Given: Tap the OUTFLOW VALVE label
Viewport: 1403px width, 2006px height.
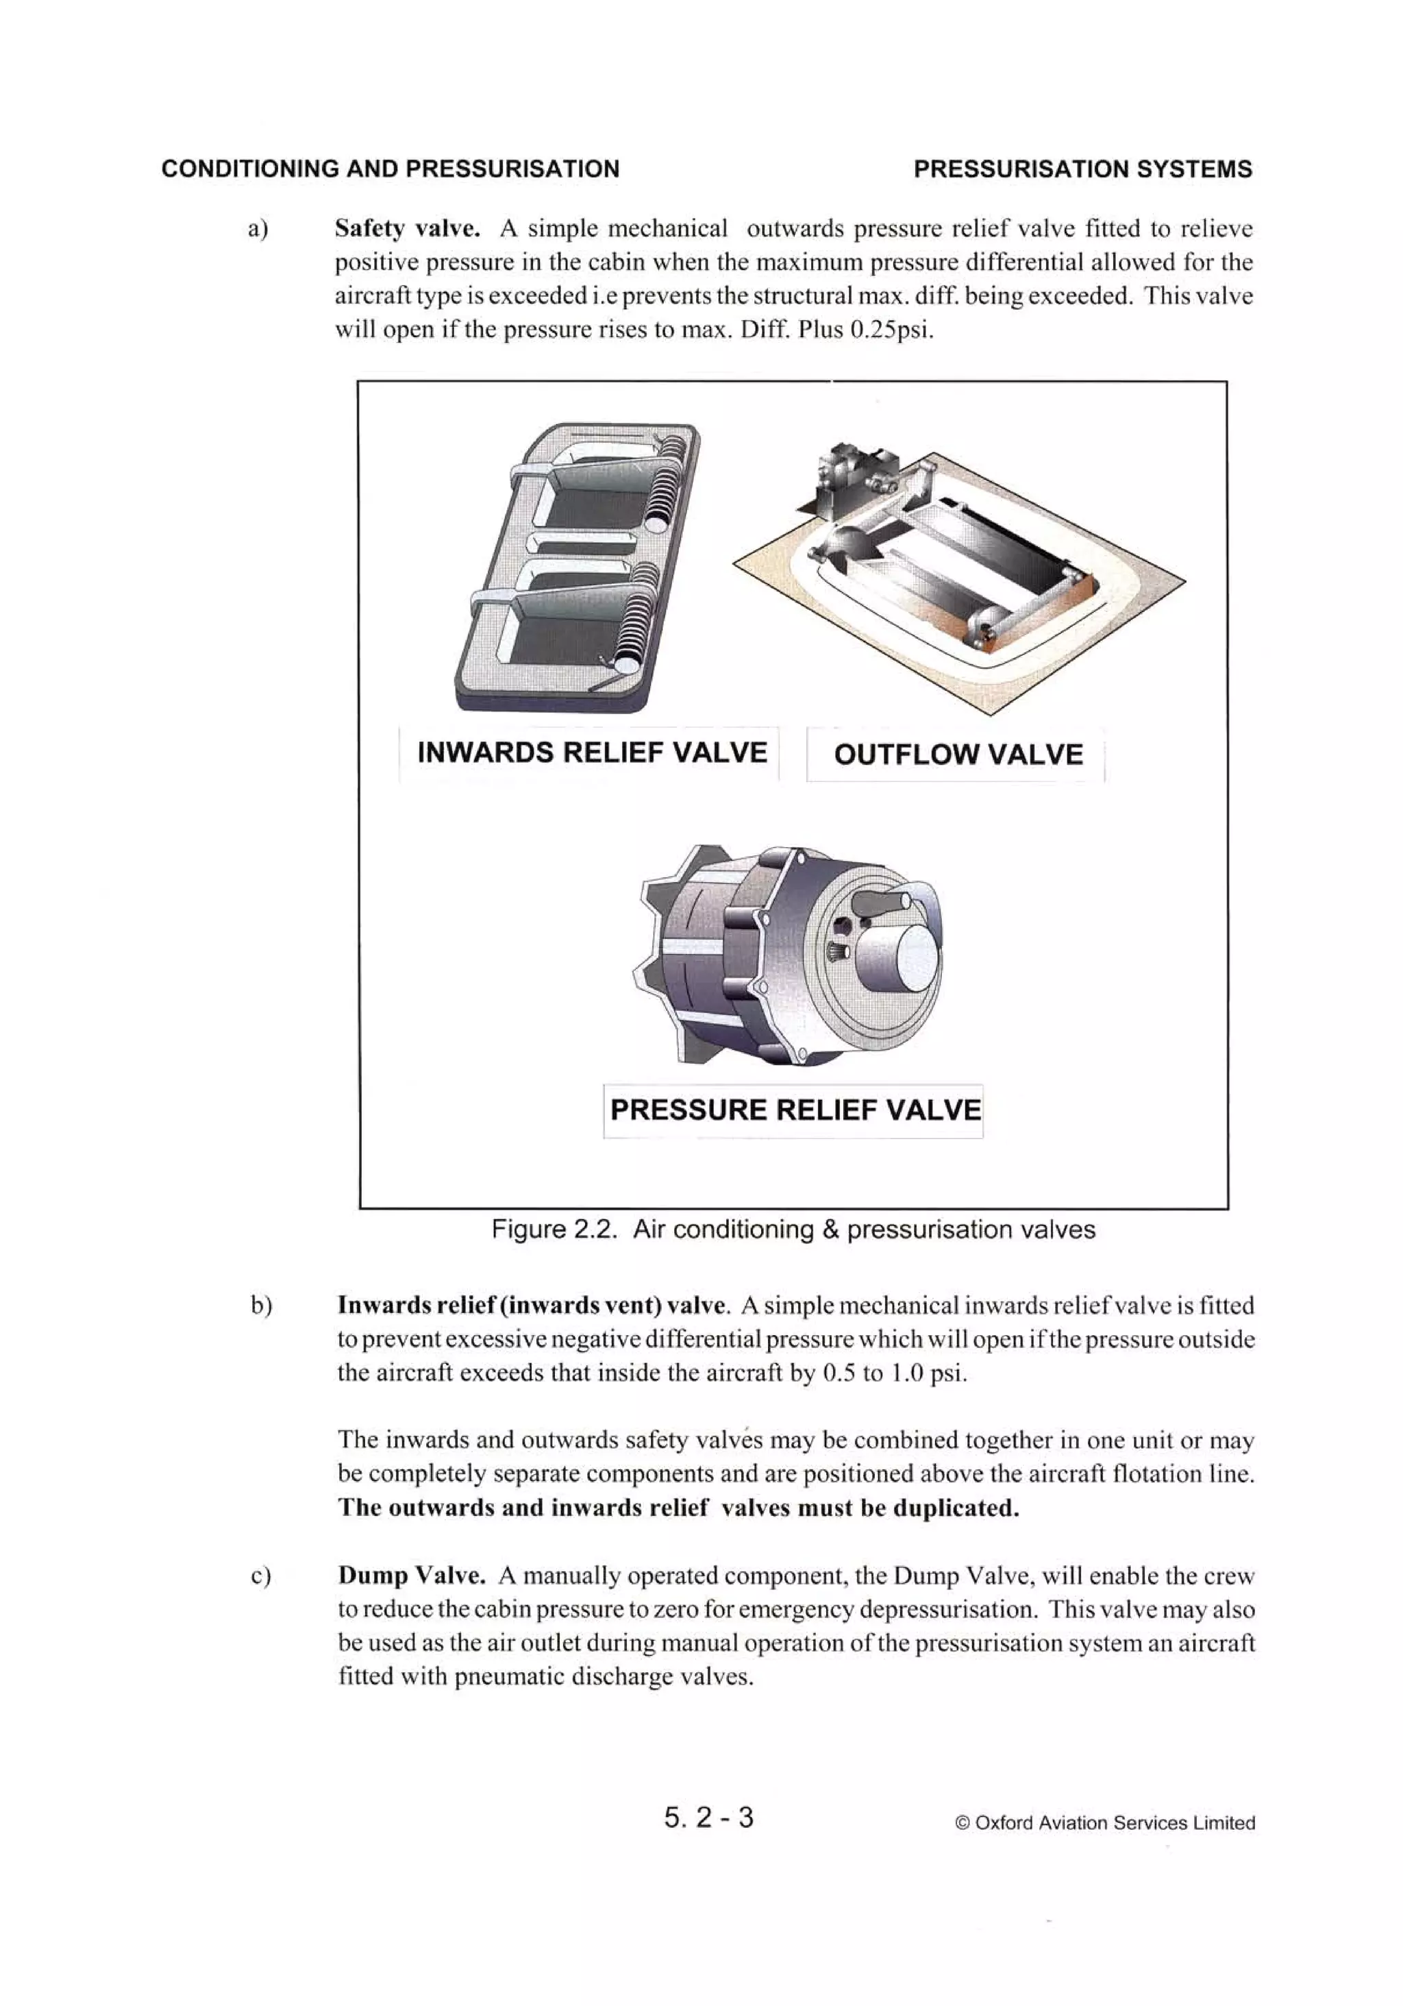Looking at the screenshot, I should click(x=958, y=755).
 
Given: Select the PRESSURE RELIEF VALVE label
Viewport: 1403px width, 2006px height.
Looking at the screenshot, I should click(x=795, y=1110).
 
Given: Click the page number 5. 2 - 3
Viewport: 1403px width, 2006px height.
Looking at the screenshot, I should click(x=708, y=1818).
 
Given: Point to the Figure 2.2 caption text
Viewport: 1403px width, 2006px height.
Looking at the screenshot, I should click(x=793, y=1230).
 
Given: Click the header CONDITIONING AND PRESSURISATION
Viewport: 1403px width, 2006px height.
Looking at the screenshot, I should click(x=390, y=169).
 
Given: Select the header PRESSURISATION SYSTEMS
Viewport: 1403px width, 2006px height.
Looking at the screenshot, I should click(x=1082, y=169).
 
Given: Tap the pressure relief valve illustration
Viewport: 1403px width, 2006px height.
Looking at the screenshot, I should click(x=786, y=957).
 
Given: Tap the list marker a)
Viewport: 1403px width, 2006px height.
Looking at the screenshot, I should click(x=258, y=230).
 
